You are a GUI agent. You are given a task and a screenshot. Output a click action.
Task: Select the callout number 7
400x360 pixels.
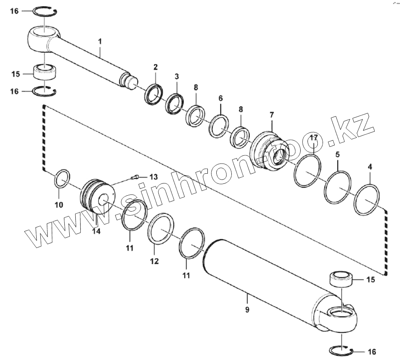(272, 115)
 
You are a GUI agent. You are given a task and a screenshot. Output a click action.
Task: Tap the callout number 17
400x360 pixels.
(313, 137)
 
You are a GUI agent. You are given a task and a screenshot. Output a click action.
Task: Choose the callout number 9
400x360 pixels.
(247, 309)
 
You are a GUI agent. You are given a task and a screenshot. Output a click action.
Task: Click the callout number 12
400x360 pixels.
(154, 261)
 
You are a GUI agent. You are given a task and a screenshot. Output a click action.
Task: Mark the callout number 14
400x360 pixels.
(96, 231)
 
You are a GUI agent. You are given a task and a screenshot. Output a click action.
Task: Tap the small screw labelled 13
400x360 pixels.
(136, 177)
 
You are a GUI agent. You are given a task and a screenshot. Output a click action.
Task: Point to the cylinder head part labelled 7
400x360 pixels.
(269, 150)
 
